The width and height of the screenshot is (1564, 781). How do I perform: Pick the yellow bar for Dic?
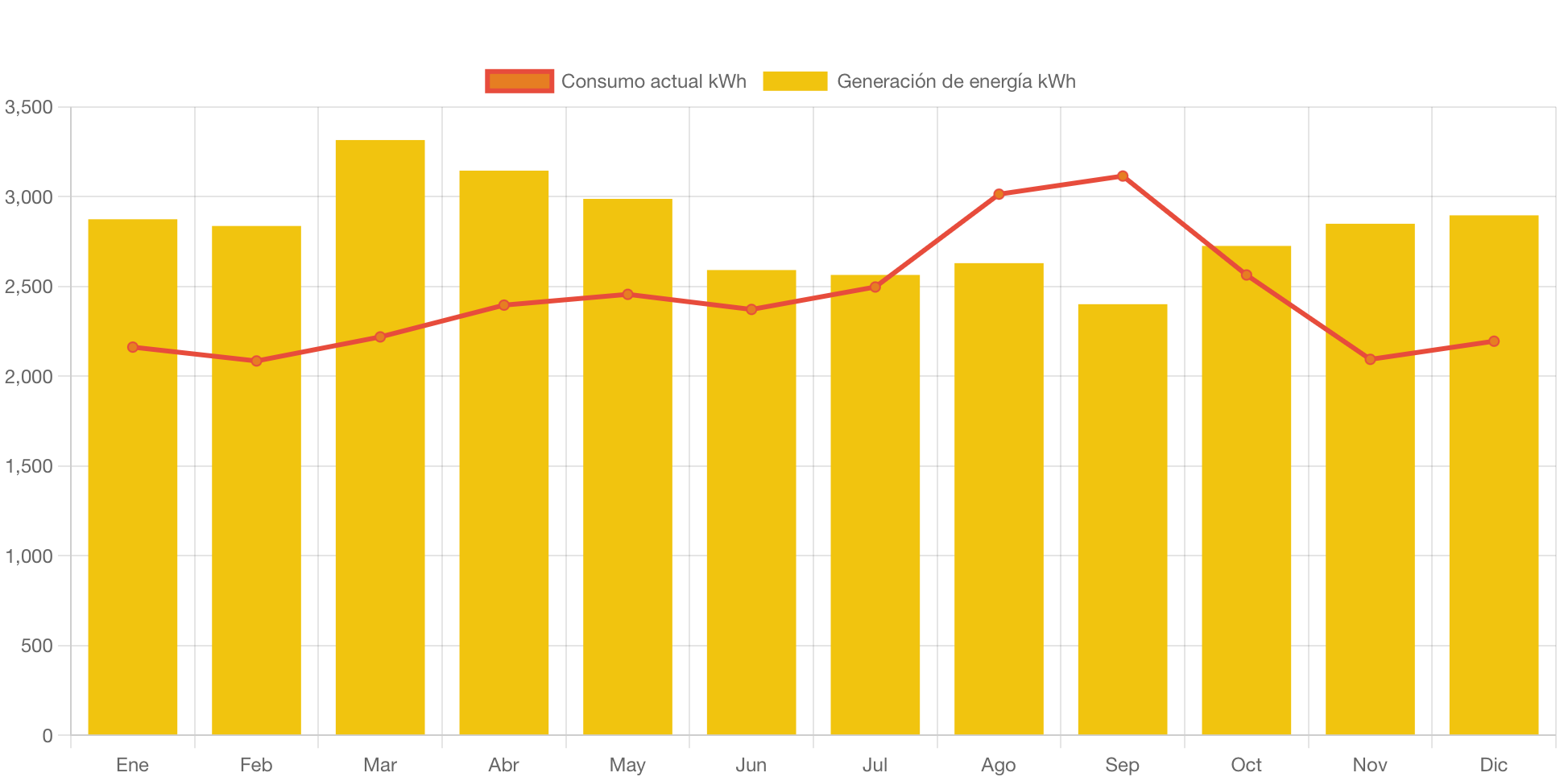click(x=1494, y=483)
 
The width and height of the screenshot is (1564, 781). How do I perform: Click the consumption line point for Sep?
click(x=1123, y=176)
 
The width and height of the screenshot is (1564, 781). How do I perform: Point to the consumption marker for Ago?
click(x=999, y=194)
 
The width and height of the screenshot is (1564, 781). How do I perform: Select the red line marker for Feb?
click(x=256, y=361)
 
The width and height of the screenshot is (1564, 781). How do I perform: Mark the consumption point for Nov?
click(x=1370, y=359)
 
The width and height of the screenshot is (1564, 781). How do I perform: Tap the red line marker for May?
click(x=627, y=295)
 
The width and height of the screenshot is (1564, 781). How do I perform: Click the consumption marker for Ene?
click(x=133, y=347)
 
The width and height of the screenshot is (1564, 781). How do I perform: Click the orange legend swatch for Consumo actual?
click(x=519, y=81)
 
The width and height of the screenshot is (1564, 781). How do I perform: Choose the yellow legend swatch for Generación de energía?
click(x=795, y=81)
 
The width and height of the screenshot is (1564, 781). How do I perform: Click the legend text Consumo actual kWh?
click(x=653, y=81)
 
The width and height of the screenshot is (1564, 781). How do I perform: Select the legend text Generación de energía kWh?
click(x=956, y=81)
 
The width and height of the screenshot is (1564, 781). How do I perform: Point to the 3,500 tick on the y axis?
click(x=29, y=107)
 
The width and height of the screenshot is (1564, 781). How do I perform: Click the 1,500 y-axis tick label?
click(x=29, y=466)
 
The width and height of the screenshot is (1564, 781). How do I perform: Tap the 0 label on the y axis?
click(x=48, y=735)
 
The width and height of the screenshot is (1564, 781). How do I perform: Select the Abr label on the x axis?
click(x=504, y=764)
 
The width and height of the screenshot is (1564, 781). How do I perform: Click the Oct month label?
click(x=1246, y=764)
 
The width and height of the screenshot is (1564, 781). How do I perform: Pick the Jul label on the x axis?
click(x=875, y=764)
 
